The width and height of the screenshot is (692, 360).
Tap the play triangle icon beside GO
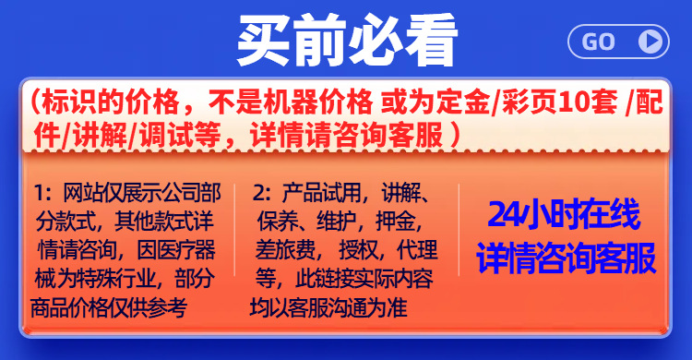coord(651,41)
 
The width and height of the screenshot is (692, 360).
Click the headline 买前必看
coord(347,39)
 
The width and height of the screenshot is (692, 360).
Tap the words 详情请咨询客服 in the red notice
coord(354,134)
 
